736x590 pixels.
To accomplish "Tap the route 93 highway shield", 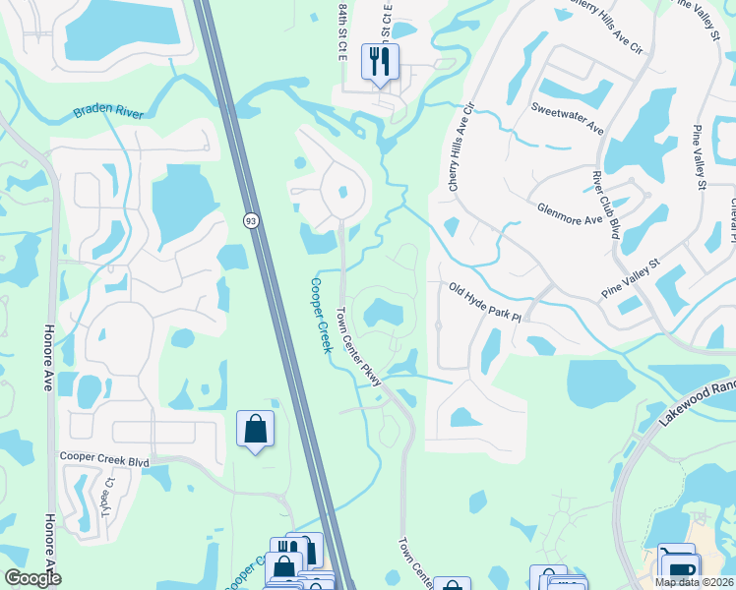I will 251,221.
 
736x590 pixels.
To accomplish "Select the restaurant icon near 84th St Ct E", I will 379,63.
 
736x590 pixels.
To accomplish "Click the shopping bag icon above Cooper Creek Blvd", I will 255,429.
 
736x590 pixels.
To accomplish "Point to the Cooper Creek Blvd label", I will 103,458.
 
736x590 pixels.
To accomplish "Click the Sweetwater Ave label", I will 567,115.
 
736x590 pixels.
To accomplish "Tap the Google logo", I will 32,578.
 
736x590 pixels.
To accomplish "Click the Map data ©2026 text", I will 693,582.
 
